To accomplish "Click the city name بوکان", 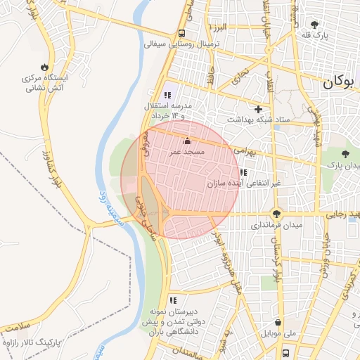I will [x=340, y=83].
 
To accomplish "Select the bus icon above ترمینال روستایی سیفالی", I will [x=182, y=32].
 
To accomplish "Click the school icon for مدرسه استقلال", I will [x=167, y=95].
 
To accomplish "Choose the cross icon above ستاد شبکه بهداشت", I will [x=259, y=109].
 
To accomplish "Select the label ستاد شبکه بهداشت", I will [x=264, y=120].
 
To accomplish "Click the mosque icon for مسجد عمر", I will [x=187, y=141].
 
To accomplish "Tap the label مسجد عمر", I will [x=187, y=152].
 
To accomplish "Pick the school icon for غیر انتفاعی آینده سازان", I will [x=243, y=172].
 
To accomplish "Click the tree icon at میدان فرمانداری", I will [x=276, y=214].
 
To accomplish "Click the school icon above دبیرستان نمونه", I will [x=172, y=300].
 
